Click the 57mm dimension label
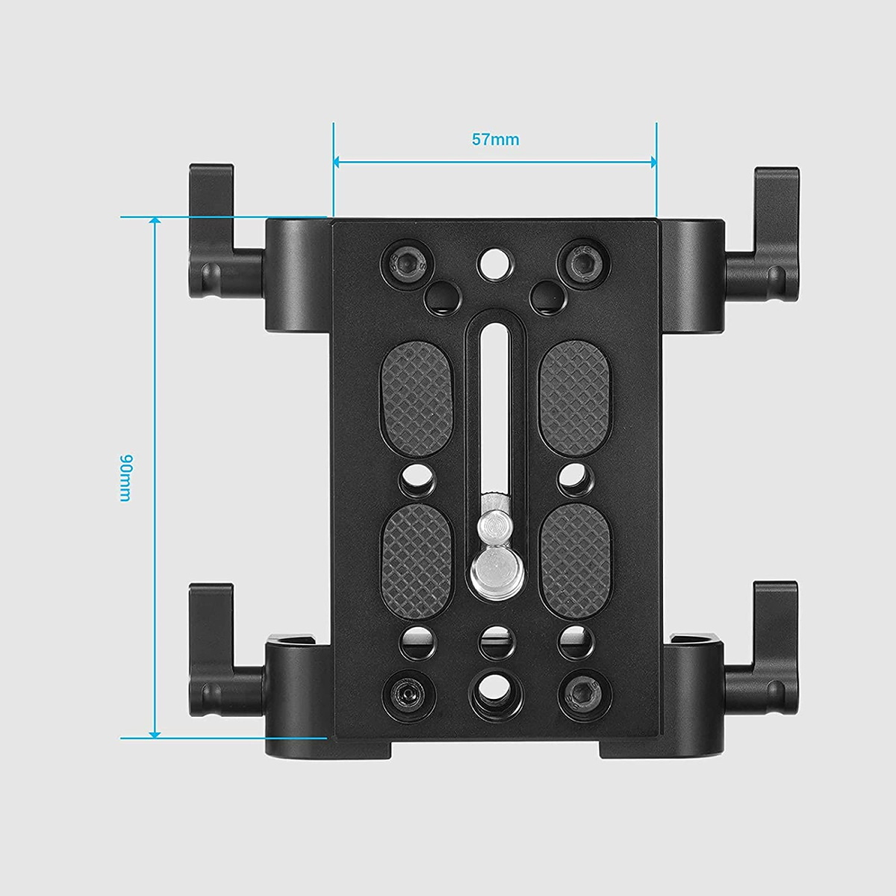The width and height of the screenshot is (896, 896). [x=494, y=139]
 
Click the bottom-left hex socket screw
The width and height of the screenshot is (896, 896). [x=404, y=694]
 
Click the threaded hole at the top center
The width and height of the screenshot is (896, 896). [x=494, y=261]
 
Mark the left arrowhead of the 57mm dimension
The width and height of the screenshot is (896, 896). [x=338, y=161]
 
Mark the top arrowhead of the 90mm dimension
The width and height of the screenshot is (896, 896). [x=155, y=222]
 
